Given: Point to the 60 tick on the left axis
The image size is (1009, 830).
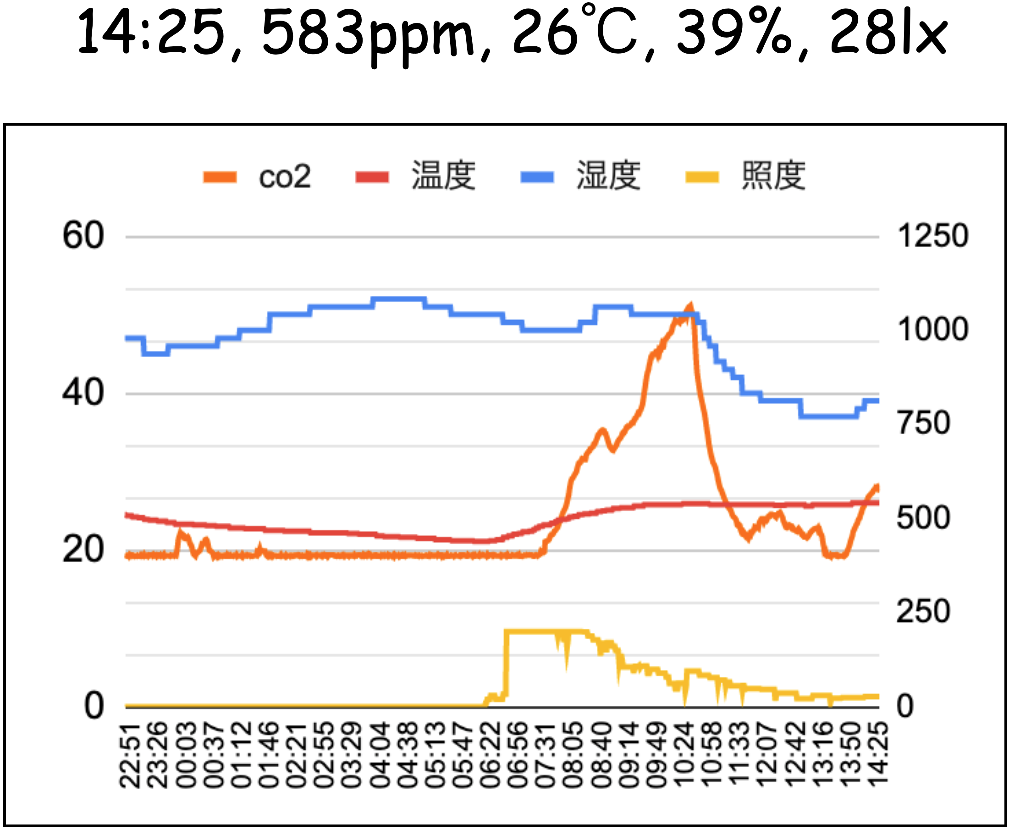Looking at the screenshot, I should pos(83,236).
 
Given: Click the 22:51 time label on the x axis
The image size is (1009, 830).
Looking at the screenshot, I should pos(130,755).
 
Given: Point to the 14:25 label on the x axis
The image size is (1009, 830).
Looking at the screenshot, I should pos(878,755).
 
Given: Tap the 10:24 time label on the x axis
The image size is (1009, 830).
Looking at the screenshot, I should pos(685,755).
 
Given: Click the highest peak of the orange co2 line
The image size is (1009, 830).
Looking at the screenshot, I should pos(690,304).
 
